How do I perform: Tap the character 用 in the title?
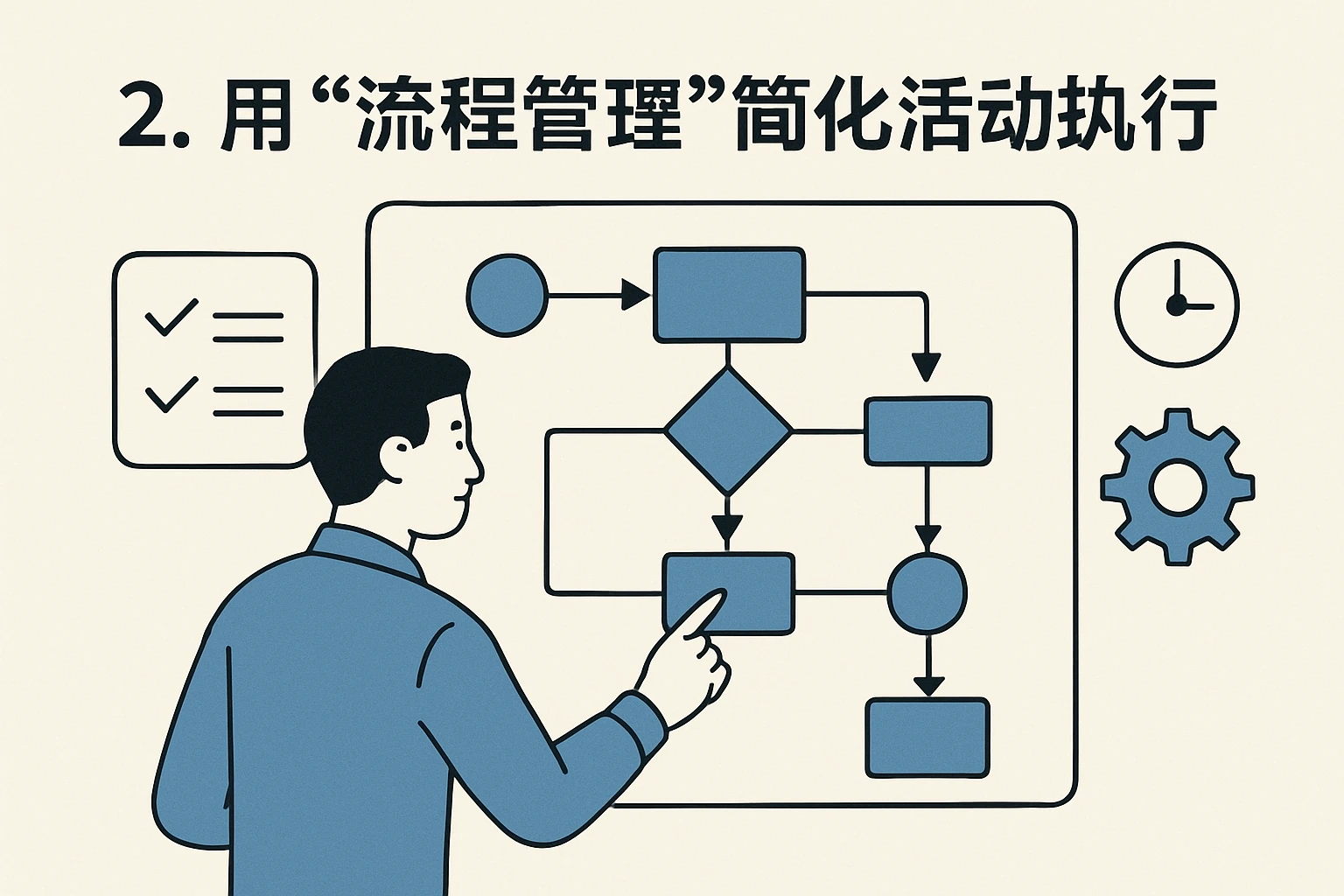pyautogui.click(x=255, y=115)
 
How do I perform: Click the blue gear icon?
pyautogui.click(x=1177, y=486)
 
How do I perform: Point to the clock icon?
pyautogui.click(x=1177, y=304)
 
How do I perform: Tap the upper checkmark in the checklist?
pyautogui.click(x=171, y=318)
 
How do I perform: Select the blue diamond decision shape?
pyautogui.click(x=728, y=430)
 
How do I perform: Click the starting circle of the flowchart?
pyautogui.click(x=507, y=296)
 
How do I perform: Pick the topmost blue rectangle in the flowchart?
pyautogui.click(x=729, y=295)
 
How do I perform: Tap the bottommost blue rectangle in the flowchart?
pyautogui.click(x=927, y=738)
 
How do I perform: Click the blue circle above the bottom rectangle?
pyautogui.click(x=927, y=592)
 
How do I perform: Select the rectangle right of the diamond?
pyautogui.click(x=927, y=430)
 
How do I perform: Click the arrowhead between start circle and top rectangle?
pyautogui.click(x=636, y=296)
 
